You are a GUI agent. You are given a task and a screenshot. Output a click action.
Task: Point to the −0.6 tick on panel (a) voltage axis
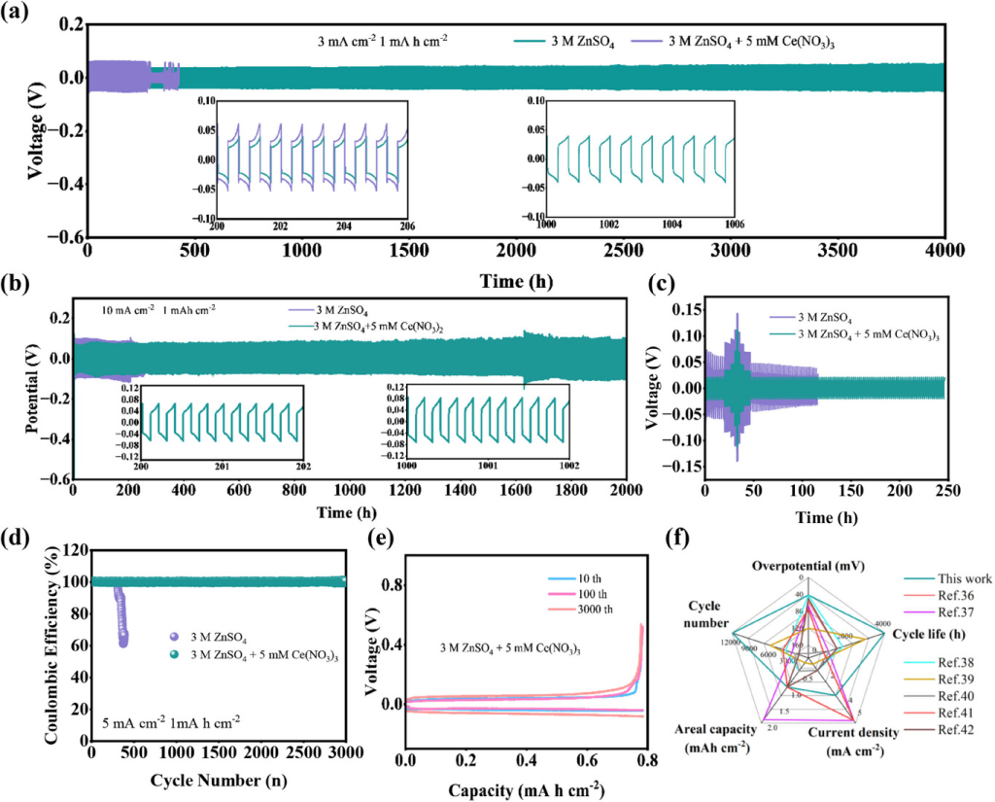pos(62,236)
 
